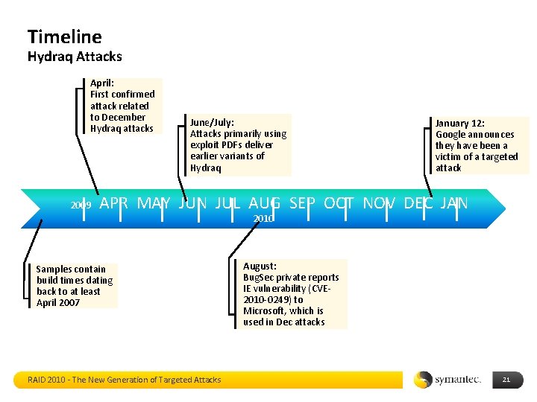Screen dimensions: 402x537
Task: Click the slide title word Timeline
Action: click(64, 36)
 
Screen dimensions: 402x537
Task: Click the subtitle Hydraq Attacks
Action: click(75, 57)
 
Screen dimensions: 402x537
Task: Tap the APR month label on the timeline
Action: click(113, 202)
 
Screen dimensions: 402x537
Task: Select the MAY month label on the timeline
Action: click(154, 202)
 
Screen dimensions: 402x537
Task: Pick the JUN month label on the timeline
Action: click(192, 202)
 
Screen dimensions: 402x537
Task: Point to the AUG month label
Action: click(264, 202)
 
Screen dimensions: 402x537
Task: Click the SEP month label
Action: click(303, 202)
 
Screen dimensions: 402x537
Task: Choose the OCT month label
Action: click(339, 202)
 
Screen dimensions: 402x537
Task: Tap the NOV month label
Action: click(380, 202)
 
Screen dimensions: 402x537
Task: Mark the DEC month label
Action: click(418, 202)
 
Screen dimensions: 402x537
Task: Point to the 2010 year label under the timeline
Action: click(263, 219)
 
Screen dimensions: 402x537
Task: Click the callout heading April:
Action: click(102, 83)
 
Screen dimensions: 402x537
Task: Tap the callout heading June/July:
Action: click(212, 122)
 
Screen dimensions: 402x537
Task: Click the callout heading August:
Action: click(260, 266)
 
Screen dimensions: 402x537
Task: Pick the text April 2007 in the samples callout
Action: click(58, 302)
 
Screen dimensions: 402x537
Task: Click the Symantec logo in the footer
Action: click(447, 380)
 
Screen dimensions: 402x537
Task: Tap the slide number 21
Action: click(506, 380)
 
